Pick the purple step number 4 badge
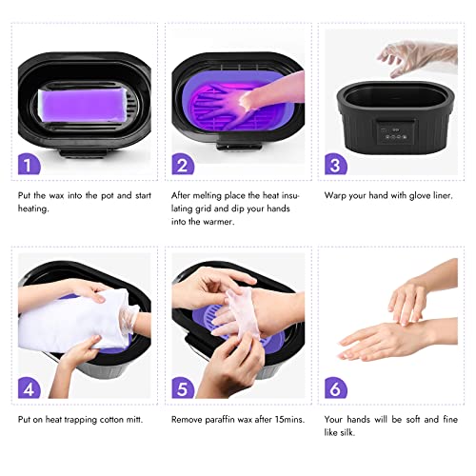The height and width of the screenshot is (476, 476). coord(30,388)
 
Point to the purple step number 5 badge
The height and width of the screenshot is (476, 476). coord(182,388)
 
